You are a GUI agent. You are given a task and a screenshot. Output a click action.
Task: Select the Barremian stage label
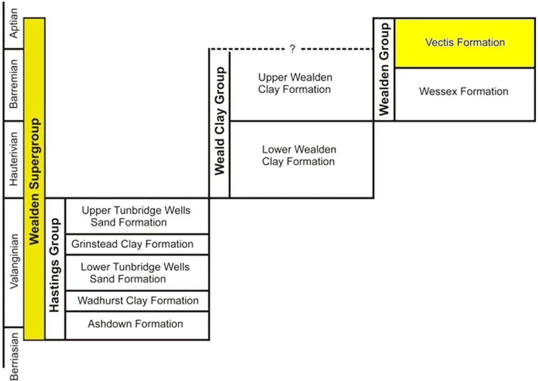click(14, 83)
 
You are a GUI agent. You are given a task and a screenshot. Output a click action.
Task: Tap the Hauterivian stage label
click(14, 159)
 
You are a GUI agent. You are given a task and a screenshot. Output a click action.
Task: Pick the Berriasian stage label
click(14, 356)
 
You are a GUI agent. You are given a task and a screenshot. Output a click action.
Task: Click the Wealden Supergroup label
click(34, 181)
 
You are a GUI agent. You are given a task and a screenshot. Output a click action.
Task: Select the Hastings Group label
click(55, 265)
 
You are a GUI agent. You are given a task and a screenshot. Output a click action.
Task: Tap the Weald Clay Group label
click(219, 121)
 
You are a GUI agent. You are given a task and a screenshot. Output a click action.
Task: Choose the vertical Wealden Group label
click(384, 69)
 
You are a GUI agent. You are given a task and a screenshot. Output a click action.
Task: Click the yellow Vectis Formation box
click(465, 43)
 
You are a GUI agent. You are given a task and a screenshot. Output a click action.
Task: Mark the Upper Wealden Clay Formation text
click(295, 83)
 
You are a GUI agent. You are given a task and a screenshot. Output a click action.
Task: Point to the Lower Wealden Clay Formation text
click(299, 155)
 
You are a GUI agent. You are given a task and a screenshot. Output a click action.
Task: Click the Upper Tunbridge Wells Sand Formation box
click(137, 216)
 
